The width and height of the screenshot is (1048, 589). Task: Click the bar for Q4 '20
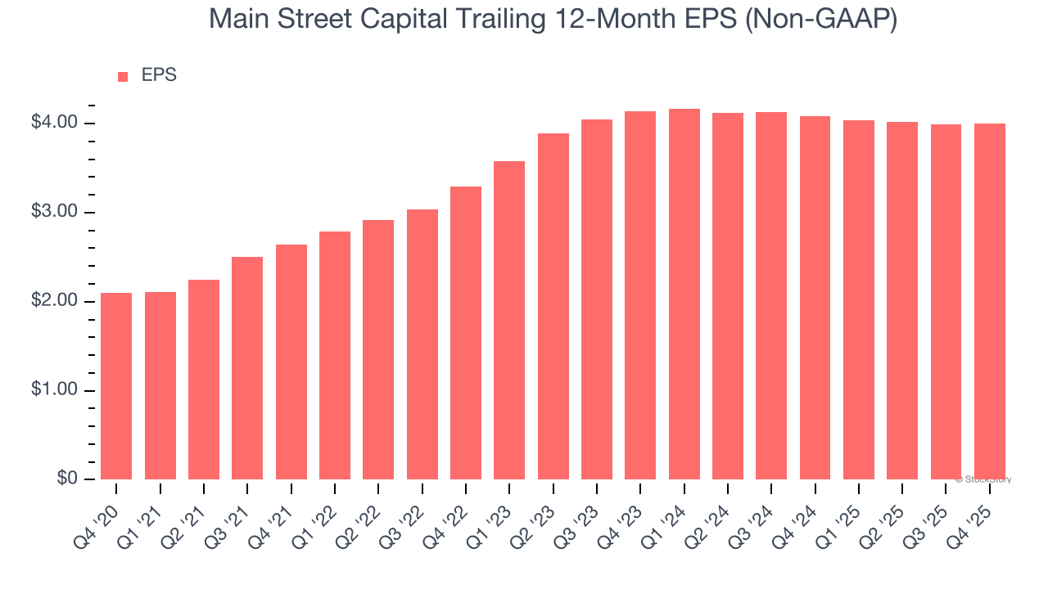click(x=116, y=386)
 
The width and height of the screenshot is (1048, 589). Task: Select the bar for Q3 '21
click(x=247, y=368)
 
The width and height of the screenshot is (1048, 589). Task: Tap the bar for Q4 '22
click(x=466, y=333)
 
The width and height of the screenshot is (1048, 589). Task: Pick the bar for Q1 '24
click(x=684, y=294)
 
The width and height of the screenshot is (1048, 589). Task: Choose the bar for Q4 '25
click(x=990, y=301)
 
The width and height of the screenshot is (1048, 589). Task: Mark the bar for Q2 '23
click(x=553, y=307)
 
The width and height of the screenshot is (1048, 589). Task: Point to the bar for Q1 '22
click(x=335, y=355)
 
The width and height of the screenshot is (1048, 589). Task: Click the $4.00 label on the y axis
click(x=54, y=124)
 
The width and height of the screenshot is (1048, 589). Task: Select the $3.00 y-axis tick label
click(x=54, y=213)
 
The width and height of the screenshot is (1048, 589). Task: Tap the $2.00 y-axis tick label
click(x=54, y=302)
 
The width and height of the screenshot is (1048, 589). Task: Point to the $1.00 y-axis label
click(x=54, y=390)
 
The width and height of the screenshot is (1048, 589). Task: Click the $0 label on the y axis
click(x=66, y=479)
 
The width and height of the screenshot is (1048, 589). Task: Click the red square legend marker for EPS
click(x=123, y=77)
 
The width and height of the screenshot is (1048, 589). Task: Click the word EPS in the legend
click(x=159, y=76)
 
